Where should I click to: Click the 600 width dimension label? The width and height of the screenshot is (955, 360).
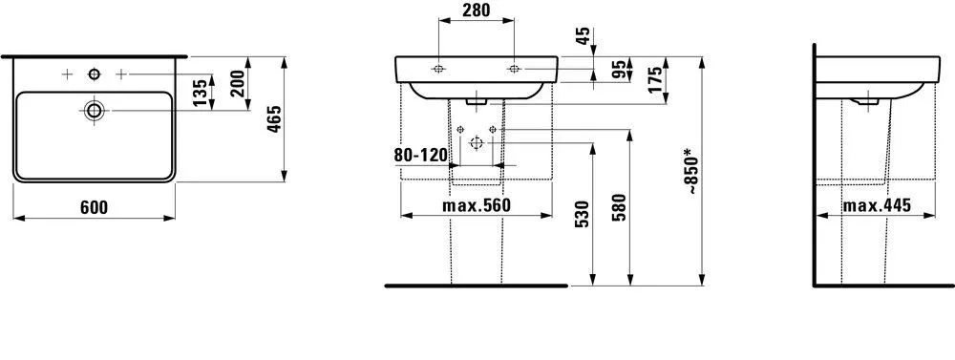(x=93, y=207)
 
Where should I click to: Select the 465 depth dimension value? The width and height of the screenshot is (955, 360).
(x=272, y=121)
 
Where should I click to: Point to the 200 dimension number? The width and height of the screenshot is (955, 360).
(x=237, y=88)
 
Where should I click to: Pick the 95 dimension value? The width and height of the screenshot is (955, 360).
(x=619, y=71)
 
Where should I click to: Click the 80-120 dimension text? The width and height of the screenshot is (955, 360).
(x=420, y=155)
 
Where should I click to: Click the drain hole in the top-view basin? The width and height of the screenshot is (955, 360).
(x=94, y=110)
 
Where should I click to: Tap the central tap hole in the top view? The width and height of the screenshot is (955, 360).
(x=94, y=74)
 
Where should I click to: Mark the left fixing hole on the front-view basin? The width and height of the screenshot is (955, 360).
(x=437, y=69)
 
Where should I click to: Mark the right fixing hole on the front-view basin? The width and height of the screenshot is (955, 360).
(x=514, y=69)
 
